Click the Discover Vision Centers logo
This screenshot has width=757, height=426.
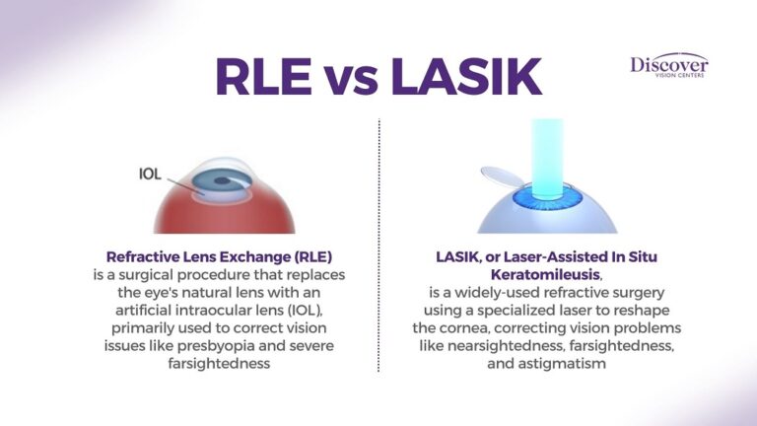tap(669, 67)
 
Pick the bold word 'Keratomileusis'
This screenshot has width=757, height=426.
tap(544, 273)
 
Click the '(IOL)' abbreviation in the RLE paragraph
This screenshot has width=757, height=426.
tap(306, 309)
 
